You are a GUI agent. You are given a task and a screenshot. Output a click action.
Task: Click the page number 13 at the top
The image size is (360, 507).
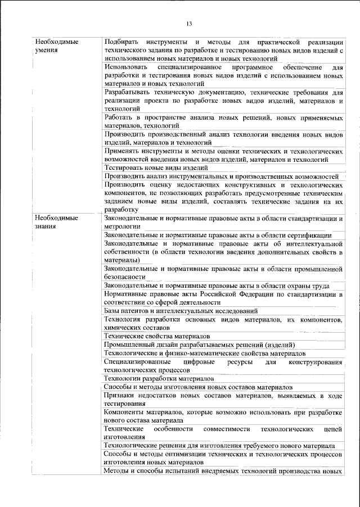coord(188,23)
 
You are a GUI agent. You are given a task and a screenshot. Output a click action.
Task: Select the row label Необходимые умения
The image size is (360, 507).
coord(56,46)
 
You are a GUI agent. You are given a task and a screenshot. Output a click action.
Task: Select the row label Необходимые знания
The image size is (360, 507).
coord(56,223)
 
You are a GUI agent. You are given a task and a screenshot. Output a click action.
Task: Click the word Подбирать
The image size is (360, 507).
coord(123,42)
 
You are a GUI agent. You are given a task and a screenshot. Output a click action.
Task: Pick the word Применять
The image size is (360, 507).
coord(124,152)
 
